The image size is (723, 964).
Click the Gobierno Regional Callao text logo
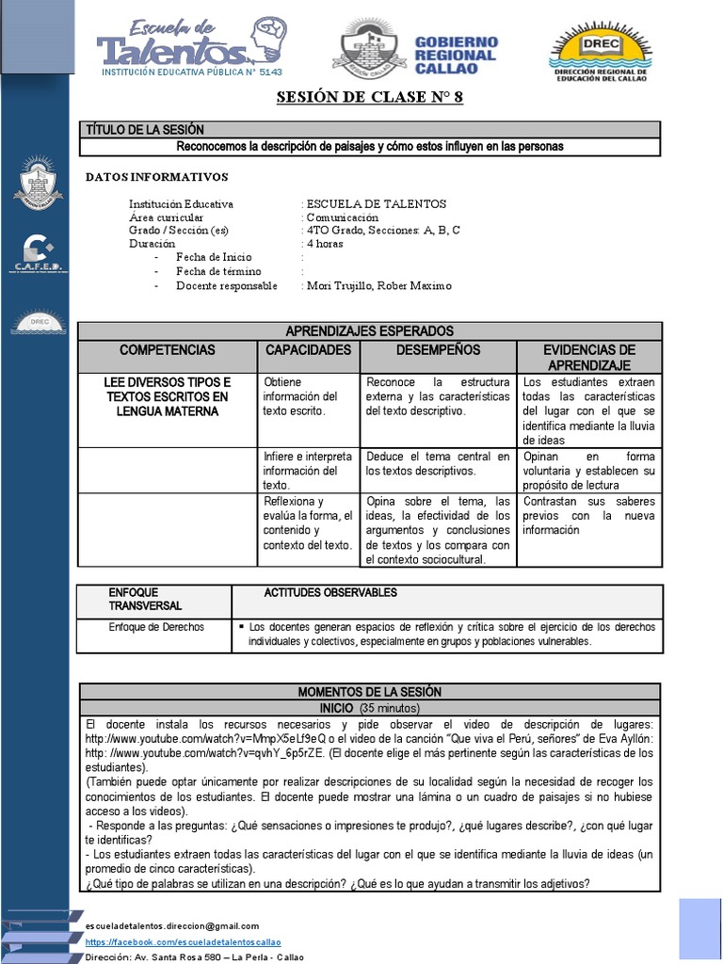tap(457, 55)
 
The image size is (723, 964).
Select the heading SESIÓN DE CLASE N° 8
tap(370, 99)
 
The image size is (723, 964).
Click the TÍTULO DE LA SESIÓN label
tap(144, 129)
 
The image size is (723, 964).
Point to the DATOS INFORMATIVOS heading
tap(156, 176)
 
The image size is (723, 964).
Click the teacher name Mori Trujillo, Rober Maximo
tap(378, 285)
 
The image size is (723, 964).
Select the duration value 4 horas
tap(325, 244)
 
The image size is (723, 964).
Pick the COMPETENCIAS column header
tap(167, 350)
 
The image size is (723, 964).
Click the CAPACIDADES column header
tap(308, 350)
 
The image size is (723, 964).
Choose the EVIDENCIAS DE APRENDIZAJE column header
tap(588, 357)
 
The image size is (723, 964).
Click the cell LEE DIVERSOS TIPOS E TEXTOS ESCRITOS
tap(167, 396)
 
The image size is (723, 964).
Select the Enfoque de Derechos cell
tap(156, 627)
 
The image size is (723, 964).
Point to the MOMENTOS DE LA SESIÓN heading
tap(369, 692)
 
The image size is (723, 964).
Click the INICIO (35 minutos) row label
tap(369, 707)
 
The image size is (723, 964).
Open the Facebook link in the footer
tap(183, 941)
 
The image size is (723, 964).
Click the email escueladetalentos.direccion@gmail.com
tap(171, 926)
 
